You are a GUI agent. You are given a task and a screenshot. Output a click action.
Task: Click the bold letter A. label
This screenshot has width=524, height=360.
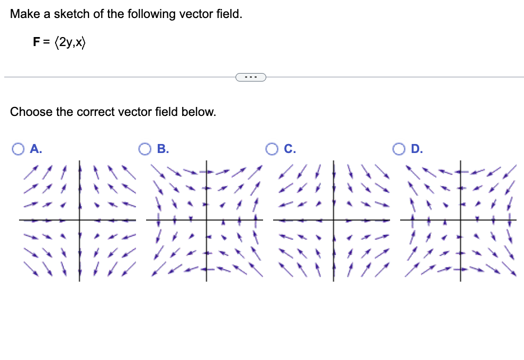point(36,149)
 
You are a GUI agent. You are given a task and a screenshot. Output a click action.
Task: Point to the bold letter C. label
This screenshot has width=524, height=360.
point(290,149)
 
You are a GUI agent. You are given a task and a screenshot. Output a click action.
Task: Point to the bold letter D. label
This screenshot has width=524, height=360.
point(417,149)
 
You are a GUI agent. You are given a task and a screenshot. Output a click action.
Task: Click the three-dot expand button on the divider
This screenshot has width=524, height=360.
point(250,77)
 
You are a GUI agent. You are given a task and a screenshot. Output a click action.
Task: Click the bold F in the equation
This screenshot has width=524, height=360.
point(36,43)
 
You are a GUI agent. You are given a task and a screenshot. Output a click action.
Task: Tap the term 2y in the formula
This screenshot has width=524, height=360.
point(67,43)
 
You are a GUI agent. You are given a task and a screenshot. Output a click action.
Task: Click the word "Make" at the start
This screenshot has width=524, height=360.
point(22,14)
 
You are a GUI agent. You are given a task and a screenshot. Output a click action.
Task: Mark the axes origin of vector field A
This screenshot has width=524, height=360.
point(80,220)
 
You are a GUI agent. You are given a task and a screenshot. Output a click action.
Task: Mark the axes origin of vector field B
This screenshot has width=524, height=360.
point(206,220)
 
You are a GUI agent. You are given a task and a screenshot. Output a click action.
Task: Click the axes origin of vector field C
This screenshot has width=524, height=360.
point(333,220)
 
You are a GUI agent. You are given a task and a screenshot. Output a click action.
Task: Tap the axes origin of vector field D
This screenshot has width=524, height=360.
point(460,220)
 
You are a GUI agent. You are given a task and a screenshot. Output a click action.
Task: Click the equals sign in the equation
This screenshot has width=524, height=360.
point(46,43)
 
